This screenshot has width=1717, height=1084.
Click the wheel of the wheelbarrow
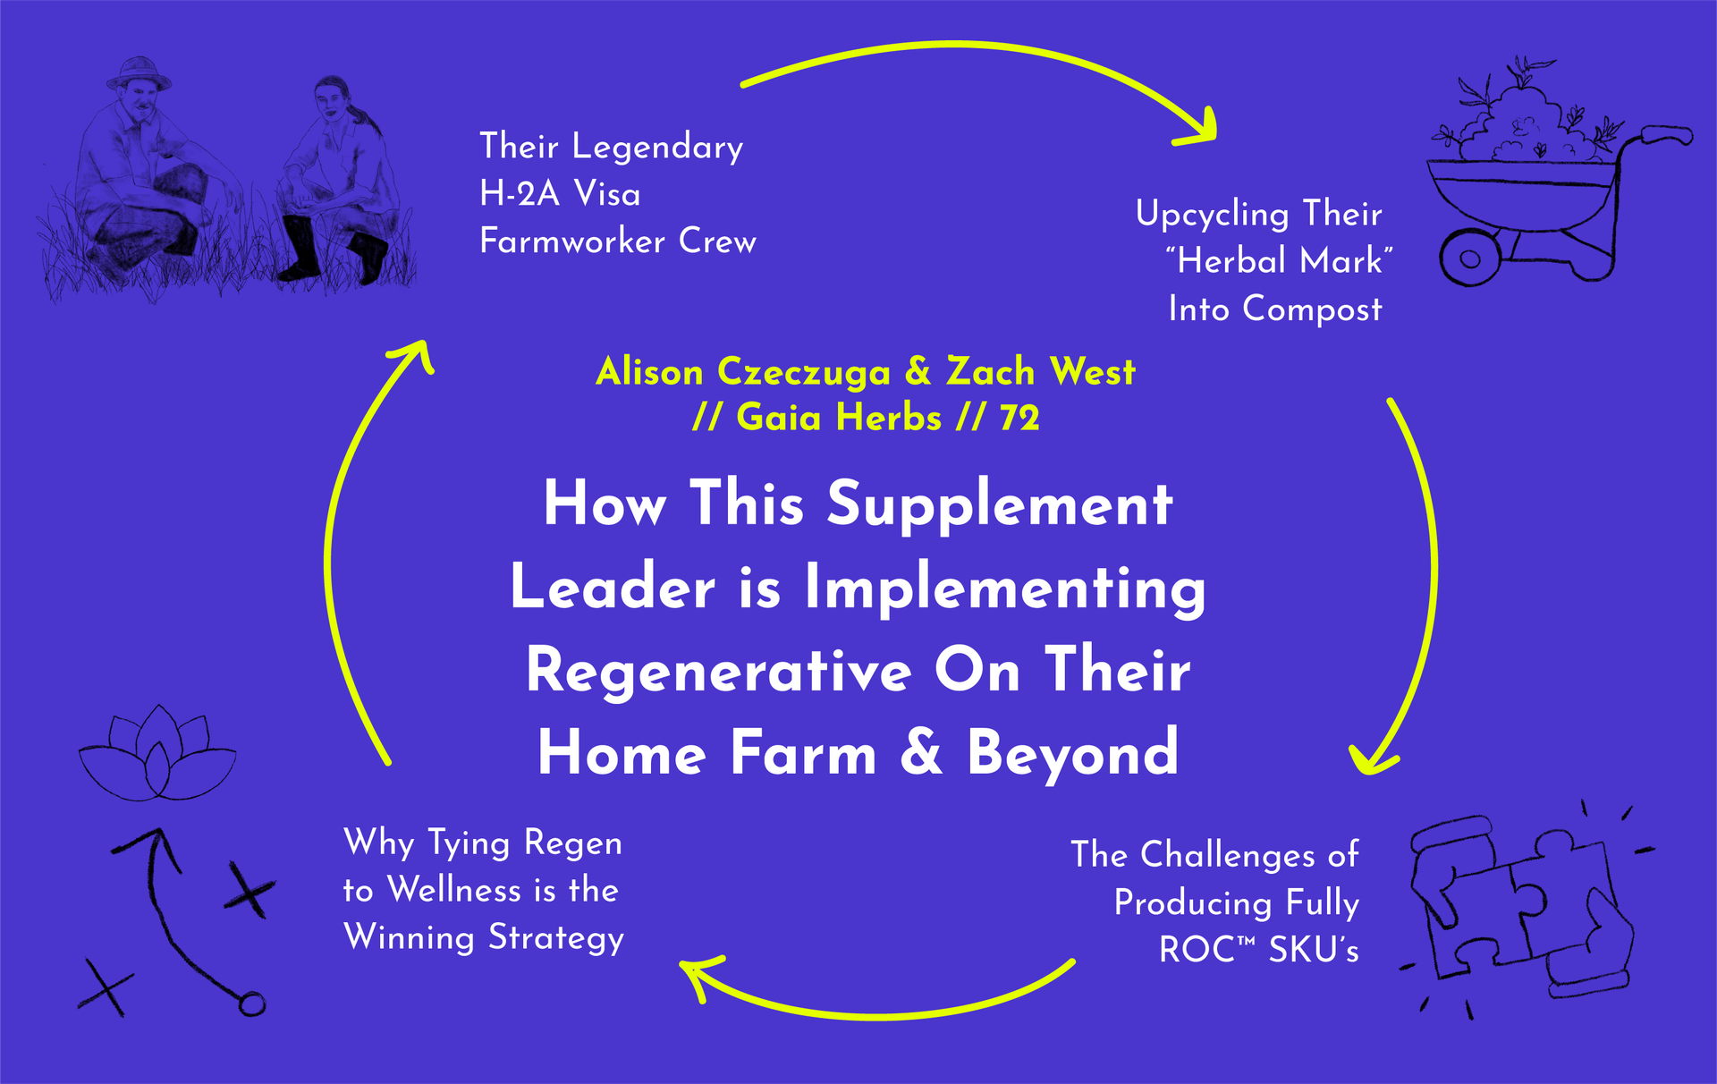1469,259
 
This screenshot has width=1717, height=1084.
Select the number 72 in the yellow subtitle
1019,418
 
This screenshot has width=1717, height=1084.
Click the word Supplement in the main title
1000,504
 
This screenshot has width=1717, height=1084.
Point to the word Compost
1312,309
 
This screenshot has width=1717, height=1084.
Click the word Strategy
556,938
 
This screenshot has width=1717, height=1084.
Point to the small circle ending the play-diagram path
252,1004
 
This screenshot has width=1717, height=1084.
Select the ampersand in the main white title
921,752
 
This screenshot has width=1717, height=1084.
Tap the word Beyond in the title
1072,753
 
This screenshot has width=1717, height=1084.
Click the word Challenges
1228,855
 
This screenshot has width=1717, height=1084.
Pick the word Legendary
657,148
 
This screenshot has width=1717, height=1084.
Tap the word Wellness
455,891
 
